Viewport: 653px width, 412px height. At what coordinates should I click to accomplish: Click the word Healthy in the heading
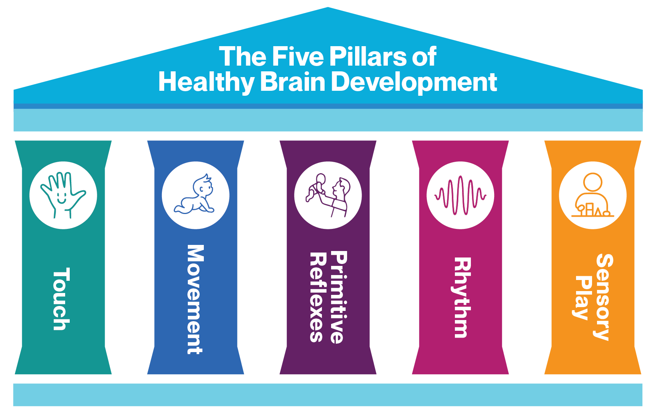click(206, 82)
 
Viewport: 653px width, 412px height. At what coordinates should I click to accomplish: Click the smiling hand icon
click(63, 195)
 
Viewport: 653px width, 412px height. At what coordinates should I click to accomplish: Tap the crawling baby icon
click(195, 195)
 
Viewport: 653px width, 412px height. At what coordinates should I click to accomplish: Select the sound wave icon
click(460, 195)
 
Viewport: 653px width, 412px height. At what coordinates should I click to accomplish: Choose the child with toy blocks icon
click(592, 195)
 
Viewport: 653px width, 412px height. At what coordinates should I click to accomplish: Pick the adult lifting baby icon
click(328, 195)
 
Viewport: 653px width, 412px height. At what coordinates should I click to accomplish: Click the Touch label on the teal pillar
click(61, 299)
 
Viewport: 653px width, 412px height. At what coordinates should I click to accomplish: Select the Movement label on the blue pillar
click(195, 299)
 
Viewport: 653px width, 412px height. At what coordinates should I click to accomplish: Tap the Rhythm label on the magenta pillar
click(462, 298)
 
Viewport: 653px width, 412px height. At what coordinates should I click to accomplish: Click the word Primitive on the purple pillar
click(338, 298)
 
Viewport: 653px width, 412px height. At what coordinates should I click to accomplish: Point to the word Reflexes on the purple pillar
click(317, 298)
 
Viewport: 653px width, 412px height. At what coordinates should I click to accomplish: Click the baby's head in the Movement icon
click(203, 186)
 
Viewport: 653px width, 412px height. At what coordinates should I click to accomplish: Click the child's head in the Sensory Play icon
click(592, 182)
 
